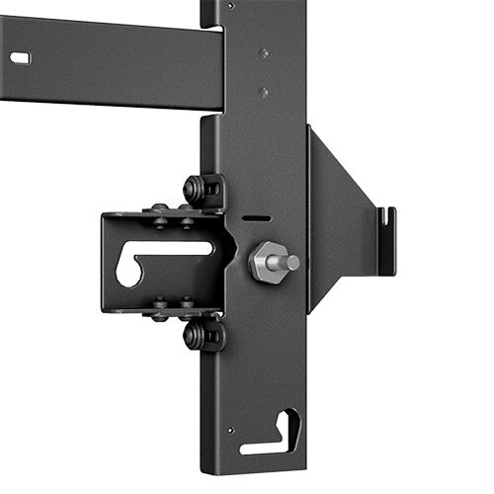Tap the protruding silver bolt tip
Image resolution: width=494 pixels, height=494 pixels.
click(290, 263)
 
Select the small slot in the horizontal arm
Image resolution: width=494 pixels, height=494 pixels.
click(20, 58)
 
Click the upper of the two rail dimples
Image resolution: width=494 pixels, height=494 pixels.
click(263, 53)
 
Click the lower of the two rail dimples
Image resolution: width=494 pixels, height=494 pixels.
click(263, 92)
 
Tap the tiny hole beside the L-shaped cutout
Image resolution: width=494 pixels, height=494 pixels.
click(230, 431)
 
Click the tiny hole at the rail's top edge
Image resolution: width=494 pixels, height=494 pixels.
click(230, 5)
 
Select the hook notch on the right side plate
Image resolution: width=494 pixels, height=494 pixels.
click(386, 222)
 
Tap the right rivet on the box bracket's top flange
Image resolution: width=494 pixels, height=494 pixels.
click(187, 209)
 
